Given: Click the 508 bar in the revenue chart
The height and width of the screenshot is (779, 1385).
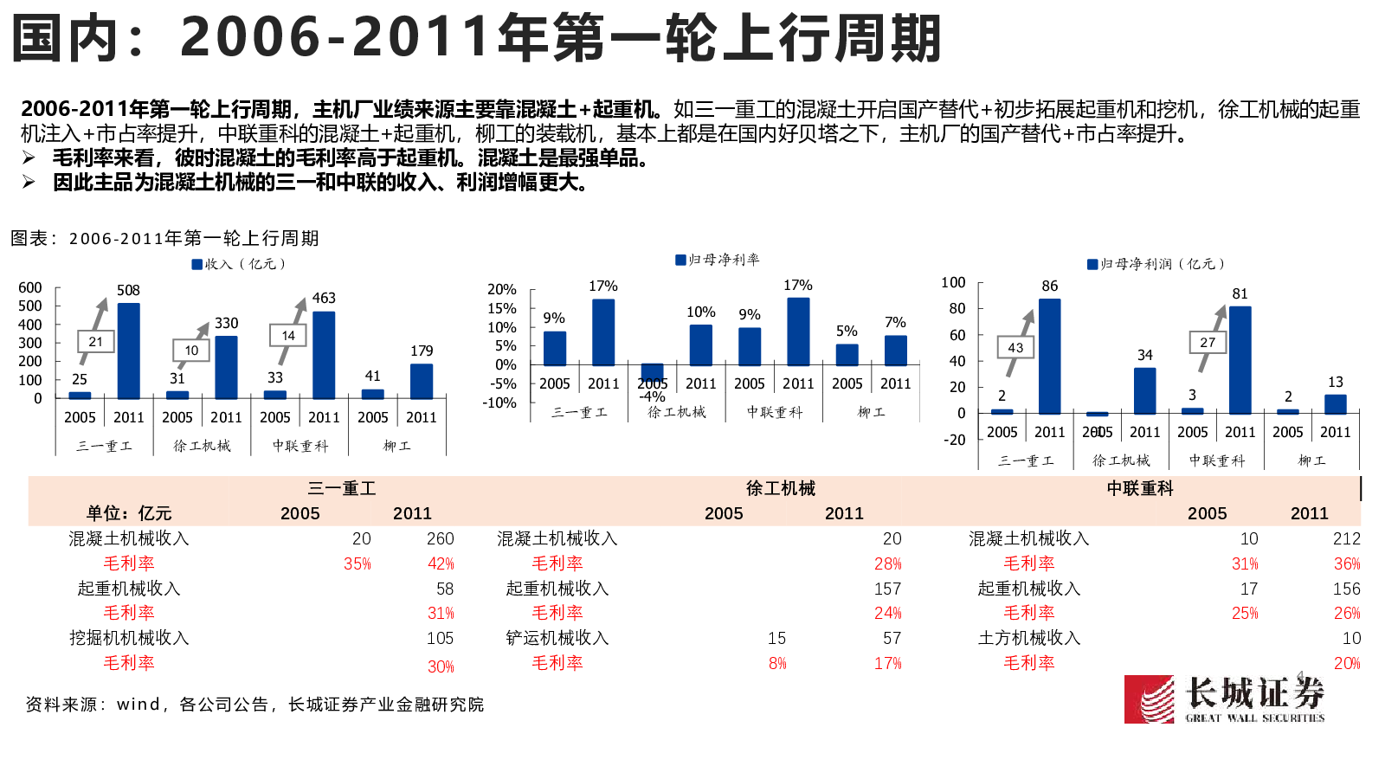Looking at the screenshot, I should point(128,351).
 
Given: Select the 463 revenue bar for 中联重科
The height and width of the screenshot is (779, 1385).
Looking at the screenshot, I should point(324,355).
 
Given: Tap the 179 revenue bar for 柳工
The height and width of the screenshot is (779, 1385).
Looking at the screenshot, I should point(422,381).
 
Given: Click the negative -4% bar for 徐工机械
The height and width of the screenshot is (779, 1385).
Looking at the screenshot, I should point(652,372).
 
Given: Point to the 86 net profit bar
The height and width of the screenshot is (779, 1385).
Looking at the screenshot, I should point(1049,357).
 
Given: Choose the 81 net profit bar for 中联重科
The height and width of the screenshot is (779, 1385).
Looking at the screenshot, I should point(1240,360).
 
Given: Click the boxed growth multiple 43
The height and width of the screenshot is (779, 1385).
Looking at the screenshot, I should point(1015,347).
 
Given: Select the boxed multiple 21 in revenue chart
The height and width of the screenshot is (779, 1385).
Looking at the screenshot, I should point(95,342).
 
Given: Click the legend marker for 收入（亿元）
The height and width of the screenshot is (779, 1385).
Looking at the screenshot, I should point(197,264).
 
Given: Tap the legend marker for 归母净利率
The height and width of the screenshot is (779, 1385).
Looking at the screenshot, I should point(680,260).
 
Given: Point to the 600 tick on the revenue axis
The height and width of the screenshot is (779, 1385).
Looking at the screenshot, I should point(30,287).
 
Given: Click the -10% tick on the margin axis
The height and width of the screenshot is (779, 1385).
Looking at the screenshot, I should point(499,402).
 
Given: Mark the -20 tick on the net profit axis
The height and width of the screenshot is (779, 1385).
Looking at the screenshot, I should point(954,440).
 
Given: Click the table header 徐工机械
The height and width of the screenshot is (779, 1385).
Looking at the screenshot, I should point(780,488).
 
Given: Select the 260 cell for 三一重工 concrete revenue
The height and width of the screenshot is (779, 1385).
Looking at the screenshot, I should point(440,538).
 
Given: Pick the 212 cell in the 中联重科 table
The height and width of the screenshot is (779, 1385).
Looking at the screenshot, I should point(1346,538).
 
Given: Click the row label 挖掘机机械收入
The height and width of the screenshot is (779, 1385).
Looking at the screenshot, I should point(129,638).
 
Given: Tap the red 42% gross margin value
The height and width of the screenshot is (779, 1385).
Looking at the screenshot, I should point(441,563).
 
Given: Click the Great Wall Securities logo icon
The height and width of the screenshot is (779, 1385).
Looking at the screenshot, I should point(1149,699).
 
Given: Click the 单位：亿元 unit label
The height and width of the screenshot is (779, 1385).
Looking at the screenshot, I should point(129,513).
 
